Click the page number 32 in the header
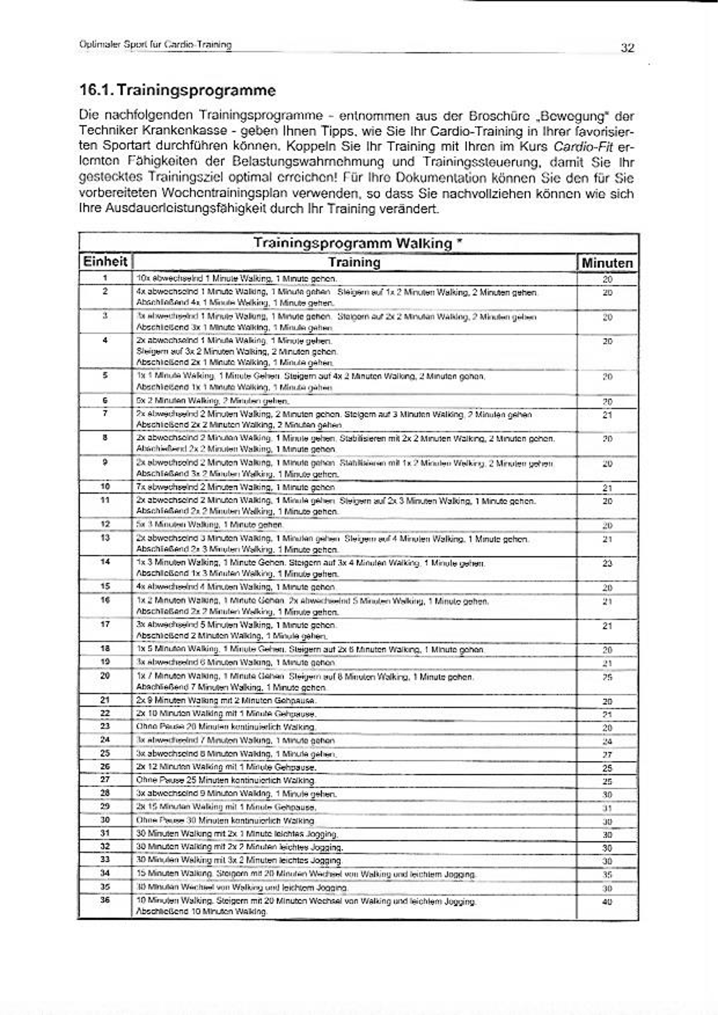pos(627,48)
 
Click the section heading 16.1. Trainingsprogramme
pos(177,91)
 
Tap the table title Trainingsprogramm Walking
pos(358,243)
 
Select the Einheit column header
pos(105,262)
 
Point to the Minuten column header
pos(607,263)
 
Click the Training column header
pos(354,262)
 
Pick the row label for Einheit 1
pos(105,278)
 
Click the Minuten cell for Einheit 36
pos(607,902)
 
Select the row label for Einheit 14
pos(105,562)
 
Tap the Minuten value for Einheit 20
pos(607,678)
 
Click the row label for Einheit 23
pos(105,727)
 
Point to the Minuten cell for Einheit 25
pos(607,755)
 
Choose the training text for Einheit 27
pos(226,781)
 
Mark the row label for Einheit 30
pos(105,820)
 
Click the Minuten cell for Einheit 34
pos(607,874)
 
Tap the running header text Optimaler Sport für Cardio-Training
pos(155,45)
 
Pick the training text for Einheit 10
pos(235,487)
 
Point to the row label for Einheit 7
pos(105,413)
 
